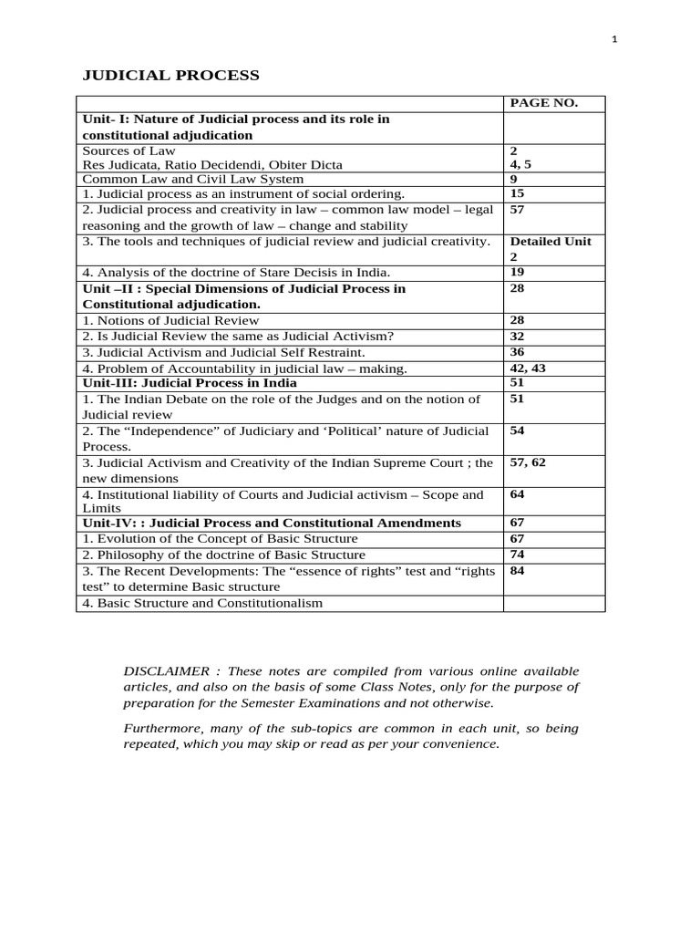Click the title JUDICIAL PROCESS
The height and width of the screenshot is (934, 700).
click(171, 75)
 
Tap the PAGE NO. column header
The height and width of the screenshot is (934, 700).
click(543, 103)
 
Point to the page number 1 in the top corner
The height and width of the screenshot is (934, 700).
click(615, 38)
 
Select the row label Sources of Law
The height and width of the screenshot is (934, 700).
click(129, 150)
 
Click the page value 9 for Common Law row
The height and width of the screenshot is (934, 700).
click(514, 179)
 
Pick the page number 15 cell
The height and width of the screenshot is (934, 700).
click(517, 193)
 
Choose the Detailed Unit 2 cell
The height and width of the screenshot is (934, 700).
click(551, 249)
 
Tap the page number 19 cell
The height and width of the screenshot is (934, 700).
click(517, 272)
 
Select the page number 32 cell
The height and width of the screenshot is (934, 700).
click(517, 336)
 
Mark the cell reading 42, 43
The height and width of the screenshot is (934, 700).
click(527, 368)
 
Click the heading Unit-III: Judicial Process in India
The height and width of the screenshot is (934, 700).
click(190, 383)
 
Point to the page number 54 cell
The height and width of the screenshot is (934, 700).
click(517, 430)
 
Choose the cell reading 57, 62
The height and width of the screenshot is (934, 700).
click(528, 462)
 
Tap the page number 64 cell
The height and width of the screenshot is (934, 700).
click(517, 494)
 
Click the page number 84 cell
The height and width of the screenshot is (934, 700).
click(517, 571)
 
